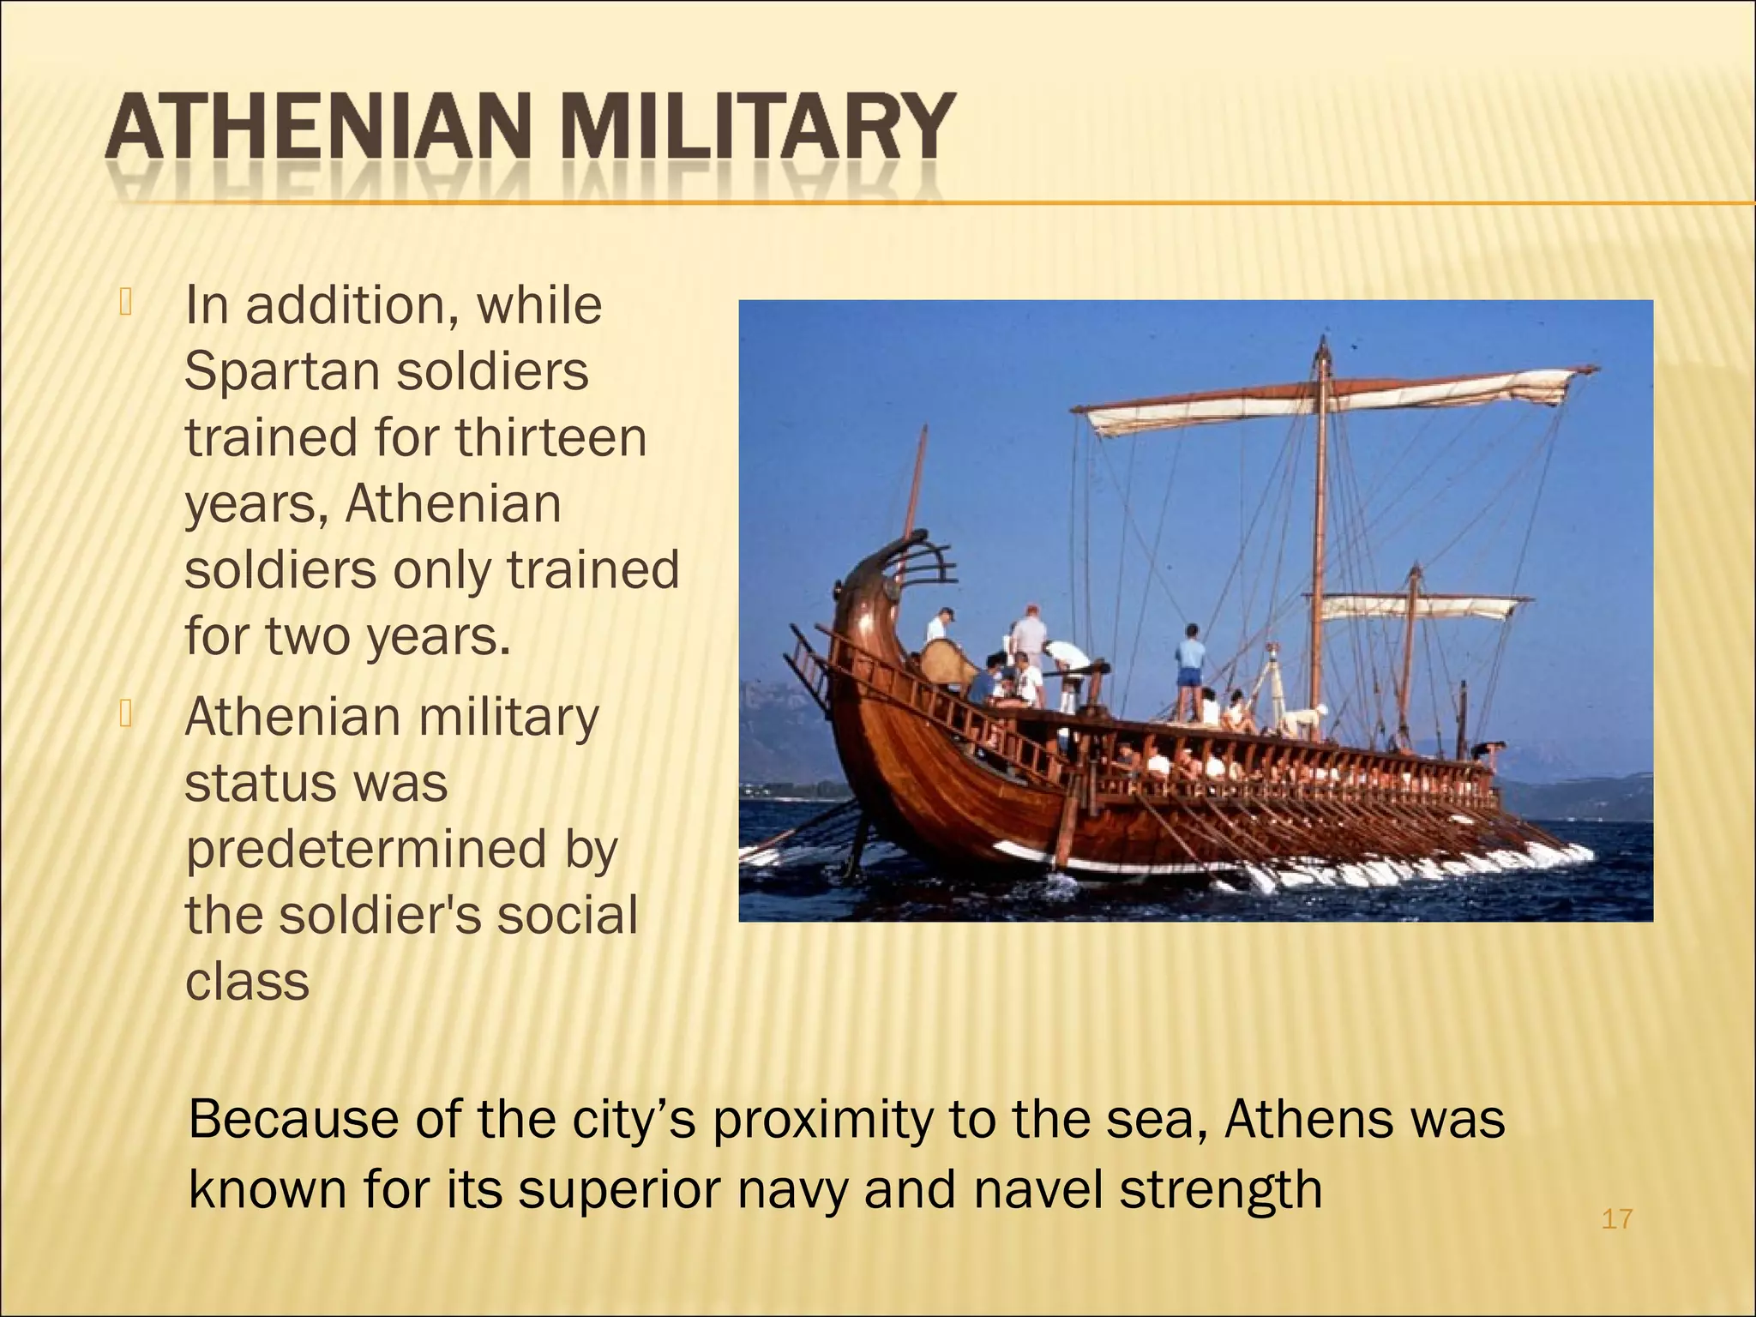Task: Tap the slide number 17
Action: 1616,1218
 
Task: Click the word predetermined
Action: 366,850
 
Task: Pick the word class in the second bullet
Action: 247,981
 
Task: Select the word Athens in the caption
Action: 1301,1119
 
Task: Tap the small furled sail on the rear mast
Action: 1415,607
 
